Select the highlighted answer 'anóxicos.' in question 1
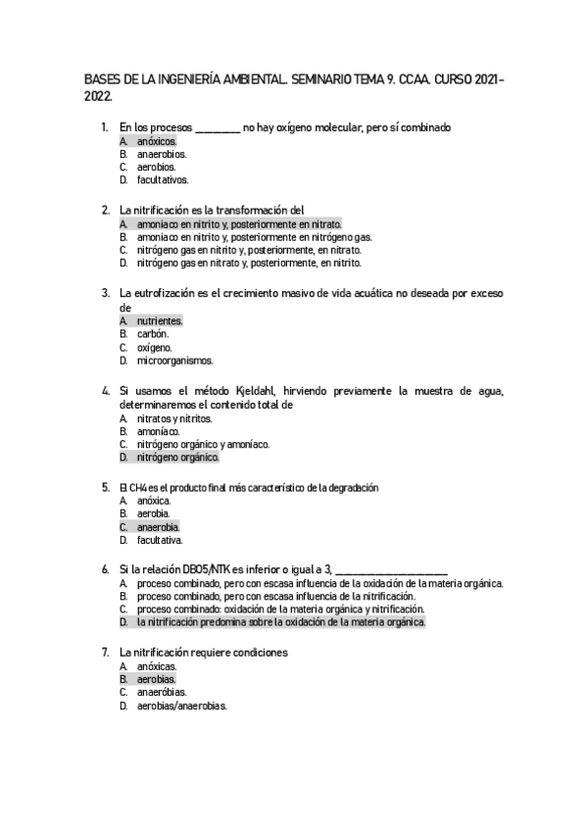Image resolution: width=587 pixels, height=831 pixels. click(x=157, y=141)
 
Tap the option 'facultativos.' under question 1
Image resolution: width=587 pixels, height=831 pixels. click(x=163, y=179)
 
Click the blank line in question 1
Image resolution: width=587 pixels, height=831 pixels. click(x=218, y=127)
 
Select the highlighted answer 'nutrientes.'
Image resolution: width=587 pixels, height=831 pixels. click(x=160, y=320)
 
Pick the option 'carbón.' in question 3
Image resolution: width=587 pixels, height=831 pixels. click(x=154, y=334)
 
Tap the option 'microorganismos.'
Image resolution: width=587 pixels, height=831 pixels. click(x=174, y=360)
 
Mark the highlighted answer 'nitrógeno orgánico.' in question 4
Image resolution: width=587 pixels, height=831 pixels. click(x=177, y=457)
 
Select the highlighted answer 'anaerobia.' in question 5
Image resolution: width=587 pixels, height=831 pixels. click(x=159, y=526)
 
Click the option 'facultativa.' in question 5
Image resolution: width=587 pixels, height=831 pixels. click(x=160, y=539)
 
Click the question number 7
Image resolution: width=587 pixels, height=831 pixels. click(x=105, y=652)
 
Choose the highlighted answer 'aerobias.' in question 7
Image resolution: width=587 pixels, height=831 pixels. click(x=157, y=679)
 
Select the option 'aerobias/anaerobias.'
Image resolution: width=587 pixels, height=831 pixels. click(x=182, y=705)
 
